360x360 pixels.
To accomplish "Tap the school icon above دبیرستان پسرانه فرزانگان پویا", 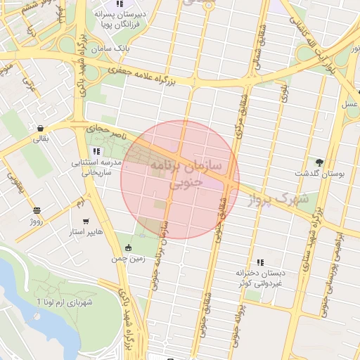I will click(120, 4).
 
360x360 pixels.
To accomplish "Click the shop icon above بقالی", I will click(42, 128).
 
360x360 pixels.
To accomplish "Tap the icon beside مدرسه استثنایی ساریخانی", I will click(96, 151).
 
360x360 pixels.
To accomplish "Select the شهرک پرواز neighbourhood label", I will click(279, 200).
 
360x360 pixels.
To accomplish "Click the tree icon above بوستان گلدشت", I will click(320, 162).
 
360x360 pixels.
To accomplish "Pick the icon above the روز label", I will click(37, 210).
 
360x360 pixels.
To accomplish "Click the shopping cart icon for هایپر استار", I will click(86, 221).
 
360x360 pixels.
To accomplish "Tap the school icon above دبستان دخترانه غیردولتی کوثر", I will click(261, 262).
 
